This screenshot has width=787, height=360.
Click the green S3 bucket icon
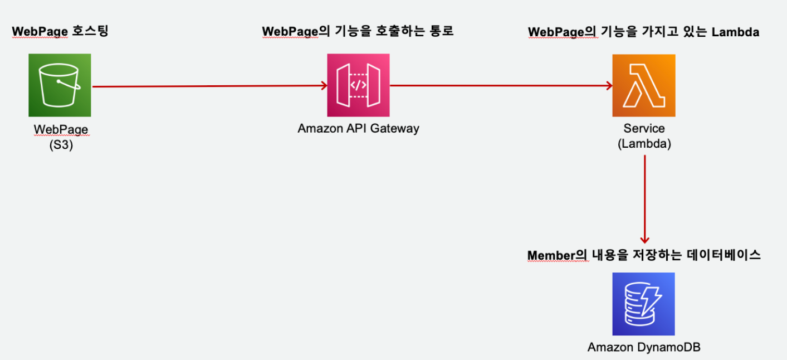coord(60,85)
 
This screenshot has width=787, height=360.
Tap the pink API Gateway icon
coord(358,85)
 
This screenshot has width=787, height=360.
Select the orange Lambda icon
coord(643,85)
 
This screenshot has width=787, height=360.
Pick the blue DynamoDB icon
coord(643,303)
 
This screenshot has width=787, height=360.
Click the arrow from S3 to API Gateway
coord(209,86)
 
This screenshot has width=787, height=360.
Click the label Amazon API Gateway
coord(358,128)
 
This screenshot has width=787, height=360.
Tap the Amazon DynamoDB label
coord(644,347)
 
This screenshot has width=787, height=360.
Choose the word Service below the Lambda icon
coord(644,129)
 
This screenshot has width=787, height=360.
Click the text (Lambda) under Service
coord(644,143)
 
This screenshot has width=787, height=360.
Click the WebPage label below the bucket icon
coord(61,129)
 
